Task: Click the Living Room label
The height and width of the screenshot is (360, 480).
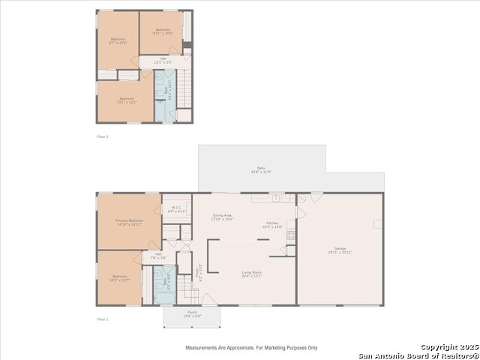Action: coord(250,274)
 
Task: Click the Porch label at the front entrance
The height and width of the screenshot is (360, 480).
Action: coord(192,313)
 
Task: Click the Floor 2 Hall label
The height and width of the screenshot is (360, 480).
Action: coord(163,59)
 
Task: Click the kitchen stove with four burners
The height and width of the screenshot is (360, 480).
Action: coord(290,235)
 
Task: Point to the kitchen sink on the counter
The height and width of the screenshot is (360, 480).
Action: coord(276,199)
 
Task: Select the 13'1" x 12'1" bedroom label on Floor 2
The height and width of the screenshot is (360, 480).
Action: coord(127,100)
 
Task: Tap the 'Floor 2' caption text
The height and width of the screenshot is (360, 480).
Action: coord(103,136)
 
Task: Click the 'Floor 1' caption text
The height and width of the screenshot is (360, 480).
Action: coord(103,319)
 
